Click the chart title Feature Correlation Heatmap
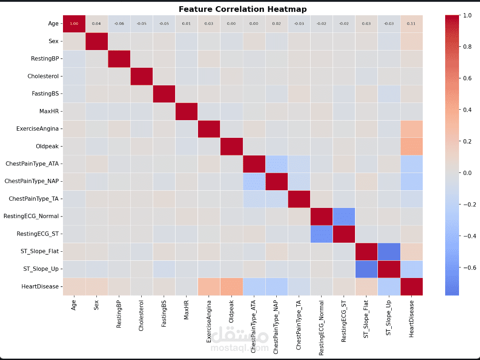(x=242, y=9)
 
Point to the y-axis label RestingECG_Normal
(x=31, y=216)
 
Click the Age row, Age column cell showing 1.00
(x=74, y=23)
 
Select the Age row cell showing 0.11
(x=411, y=23)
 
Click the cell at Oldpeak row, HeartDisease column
(x=411, y=146)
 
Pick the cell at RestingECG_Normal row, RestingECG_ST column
(x=344, y=216)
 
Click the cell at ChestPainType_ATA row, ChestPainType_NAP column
(x=276, y=164)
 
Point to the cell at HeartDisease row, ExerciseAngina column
(x=209, y=287)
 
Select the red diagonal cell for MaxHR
(x=187, y=111)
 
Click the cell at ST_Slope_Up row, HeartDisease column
(x=411, y=269)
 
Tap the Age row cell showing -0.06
(x=119, y=23)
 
